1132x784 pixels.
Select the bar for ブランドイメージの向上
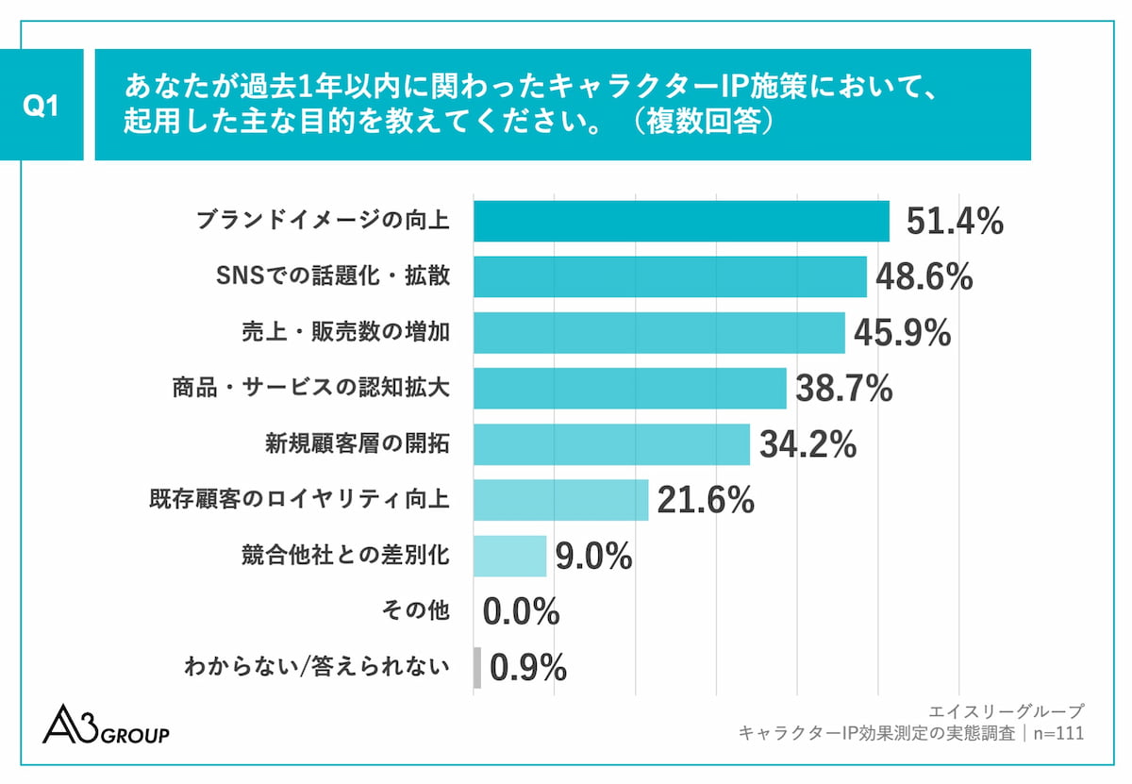[x=681, y=222]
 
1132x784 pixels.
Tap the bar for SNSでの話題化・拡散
[x=670, y=277]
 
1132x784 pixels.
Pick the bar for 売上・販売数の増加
[x=658, y=333]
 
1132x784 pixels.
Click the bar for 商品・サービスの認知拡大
[x=629, y=389]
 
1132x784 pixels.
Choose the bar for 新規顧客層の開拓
[x=611, y=444]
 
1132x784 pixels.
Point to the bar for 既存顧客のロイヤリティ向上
[x=560, y=500]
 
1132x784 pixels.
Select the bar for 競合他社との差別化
[x=509, y=556]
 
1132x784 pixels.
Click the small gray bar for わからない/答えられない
[x=477, y=667]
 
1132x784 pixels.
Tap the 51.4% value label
[x=954, y=222]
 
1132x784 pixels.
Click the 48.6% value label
[x=924, y=277]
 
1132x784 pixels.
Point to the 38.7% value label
[x=843, y=389]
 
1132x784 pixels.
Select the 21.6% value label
[x=706, y=500]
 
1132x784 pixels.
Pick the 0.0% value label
[x=521, y=611]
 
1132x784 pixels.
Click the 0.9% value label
[x=528, y=667]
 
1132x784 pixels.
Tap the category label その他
[x=416, y=611]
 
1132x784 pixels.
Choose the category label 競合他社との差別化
[x=345, y=556]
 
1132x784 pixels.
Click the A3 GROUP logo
[x=106, y=725]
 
